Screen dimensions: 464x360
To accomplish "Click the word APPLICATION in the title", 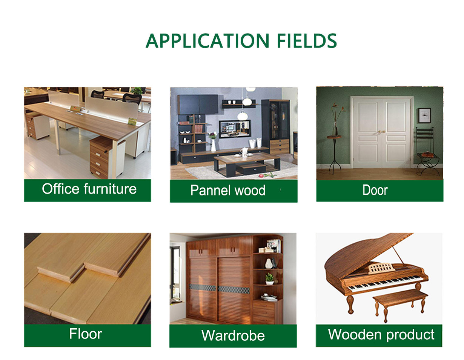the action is [207, 41].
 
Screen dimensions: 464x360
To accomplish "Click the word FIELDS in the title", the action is [307, 41].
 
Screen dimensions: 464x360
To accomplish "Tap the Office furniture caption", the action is [89, 189].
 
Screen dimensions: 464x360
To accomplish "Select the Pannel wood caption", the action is [228, 190].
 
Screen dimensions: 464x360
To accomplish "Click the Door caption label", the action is [375, 190].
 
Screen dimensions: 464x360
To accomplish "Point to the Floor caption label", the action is [86, 334].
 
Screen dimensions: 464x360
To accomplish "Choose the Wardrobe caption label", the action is [233, 335].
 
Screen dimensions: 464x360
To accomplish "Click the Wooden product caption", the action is [381, 334].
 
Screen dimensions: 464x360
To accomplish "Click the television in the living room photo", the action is [235, 129].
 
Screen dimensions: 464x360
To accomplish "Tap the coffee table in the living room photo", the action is [247, 164].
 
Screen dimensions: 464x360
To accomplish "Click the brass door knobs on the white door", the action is [382, 132].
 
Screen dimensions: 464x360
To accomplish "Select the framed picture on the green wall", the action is [424, 115].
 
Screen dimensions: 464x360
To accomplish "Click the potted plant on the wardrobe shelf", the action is [269, 278].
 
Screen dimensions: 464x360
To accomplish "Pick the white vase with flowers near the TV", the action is [213, 142].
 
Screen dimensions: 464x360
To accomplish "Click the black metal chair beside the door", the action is [427, 151].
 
